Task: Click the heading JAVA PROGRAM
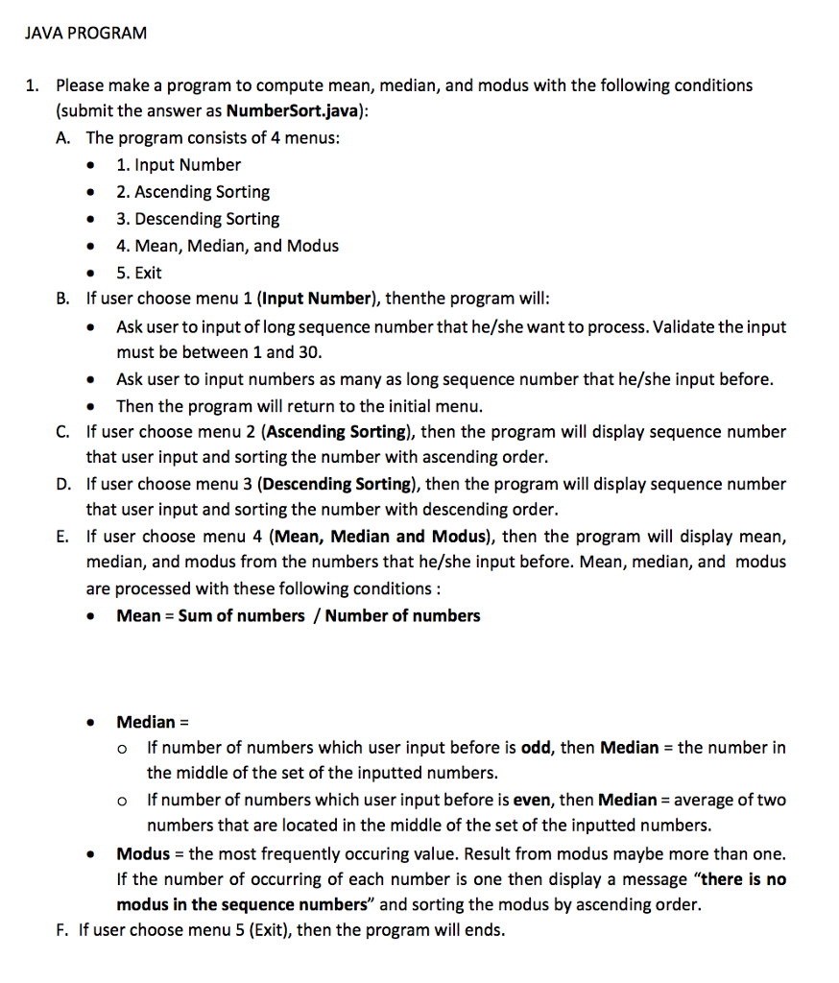point(85,34)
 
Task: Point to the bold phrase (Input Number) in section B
point(321,299)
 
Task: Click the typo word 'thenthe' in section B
point(415,299)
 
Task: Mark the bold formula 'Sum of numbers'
point(241,616)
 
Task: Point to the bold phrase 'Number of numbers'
point(402,616)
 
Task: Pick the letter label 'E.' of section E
point(63,538)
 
